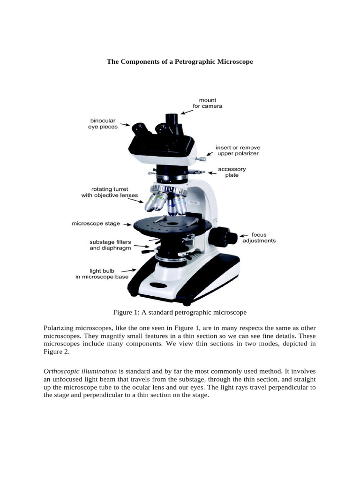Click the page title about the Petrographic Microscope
180,61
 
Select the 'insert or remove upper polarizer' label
237,150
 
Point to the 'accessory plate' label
232,172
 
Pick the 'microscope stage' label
96,224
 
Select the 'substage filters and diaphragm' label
110,245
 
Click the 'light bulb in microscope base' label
102,274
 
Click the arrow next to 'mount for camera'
187,111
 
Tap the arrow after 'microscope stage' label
127,225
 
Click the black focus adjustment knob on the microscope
220,237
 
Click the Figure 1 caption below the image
180,312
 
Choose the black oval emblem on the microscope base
159,285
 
